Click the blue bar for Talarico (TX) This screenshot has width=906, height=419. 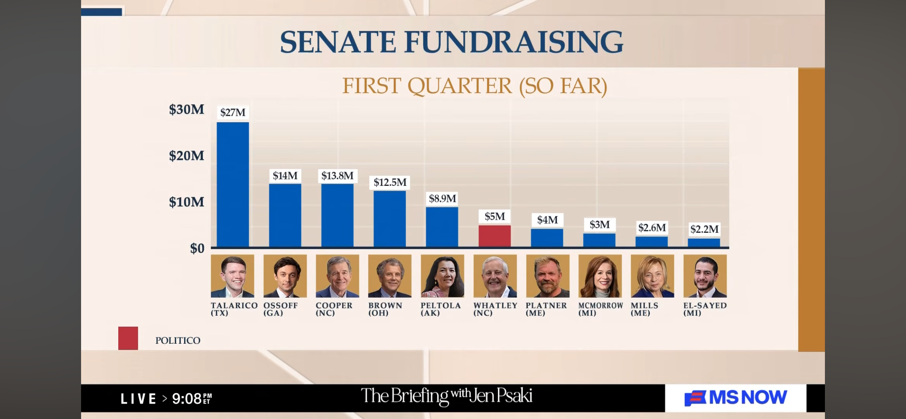coord(233,184)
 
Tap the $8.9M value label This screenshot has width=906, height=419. coord(442,199)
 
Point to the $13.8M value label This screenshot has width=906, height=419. coord(337,176)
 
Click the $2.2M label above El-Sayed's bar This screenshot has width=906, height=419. coord(704,229)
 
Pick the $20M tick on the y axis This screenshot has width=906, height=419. coord(186,156)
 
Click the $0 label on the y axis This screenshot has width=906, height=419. coord(197,248)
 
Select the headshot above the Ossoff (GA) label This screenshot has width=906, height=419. coord(285,276)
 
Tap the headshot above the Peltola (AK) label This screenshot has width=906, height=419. coord(442,276)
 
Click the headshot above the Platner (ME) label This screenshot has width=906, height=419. coord(547,276)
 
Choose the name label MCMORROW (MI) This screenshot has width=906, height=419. coord(600,309)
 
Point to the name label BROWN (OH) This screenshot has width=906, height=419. coord(385,309)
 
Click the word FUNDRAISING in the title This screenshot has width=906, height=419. coord(513,42)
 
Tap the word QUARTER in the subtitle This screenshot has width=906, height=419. coord(459,86)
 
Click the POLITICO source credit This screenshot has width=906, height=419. coord(178,340)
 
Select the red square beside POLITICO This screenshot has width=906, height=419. coord(128,338)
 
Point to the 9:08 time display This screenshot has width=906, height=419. coord(187,399)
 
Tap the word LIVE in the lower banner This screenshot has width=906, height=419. coord(138,399)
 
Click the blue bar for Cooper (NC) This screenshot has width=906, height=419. coord(337,215)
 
